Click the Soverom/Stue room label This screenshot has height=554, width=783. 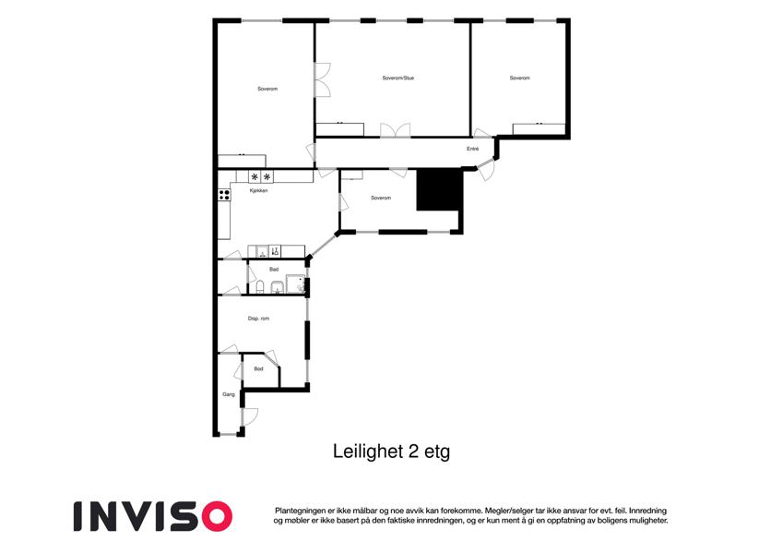tap(398, 78)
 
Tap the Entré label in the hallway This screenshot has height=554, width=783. tap(472, 149)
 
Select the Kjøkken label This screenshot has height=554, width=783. tap(258, 190)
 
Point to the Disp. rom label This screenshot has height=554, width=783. tap(258, 319)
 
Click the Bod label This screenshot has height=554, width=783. tap(258, 369)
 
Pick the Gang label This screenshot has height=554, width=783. tap(228, 394)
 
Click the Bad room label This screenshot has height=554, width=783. tap(274, 270)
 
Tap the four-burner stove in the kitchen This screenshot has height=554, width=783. tap(224, 195)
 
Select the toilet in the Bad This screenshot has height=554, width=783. tap(260, 287)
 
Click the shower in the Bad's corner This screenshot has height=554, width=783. tap(295, 284)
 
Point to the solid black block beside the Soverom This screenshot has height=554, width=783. tap(439, 190)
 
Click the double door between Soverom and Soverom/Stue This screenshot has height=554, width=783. tap(323, 79)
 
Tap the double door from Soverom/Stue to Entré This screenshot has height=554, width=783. tap(396, 130)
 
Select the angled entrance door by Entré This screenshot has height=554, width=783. tap(484, 169)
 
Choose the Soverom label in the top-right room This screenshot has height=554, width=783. tap(519, 78)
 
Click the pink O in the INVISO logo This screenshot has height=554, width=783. tap(215, 516)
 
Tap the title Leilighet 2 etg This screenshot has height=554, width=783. tap(391, 452)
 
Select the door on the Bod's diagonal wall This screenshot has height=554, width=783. tap(271, 357)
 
